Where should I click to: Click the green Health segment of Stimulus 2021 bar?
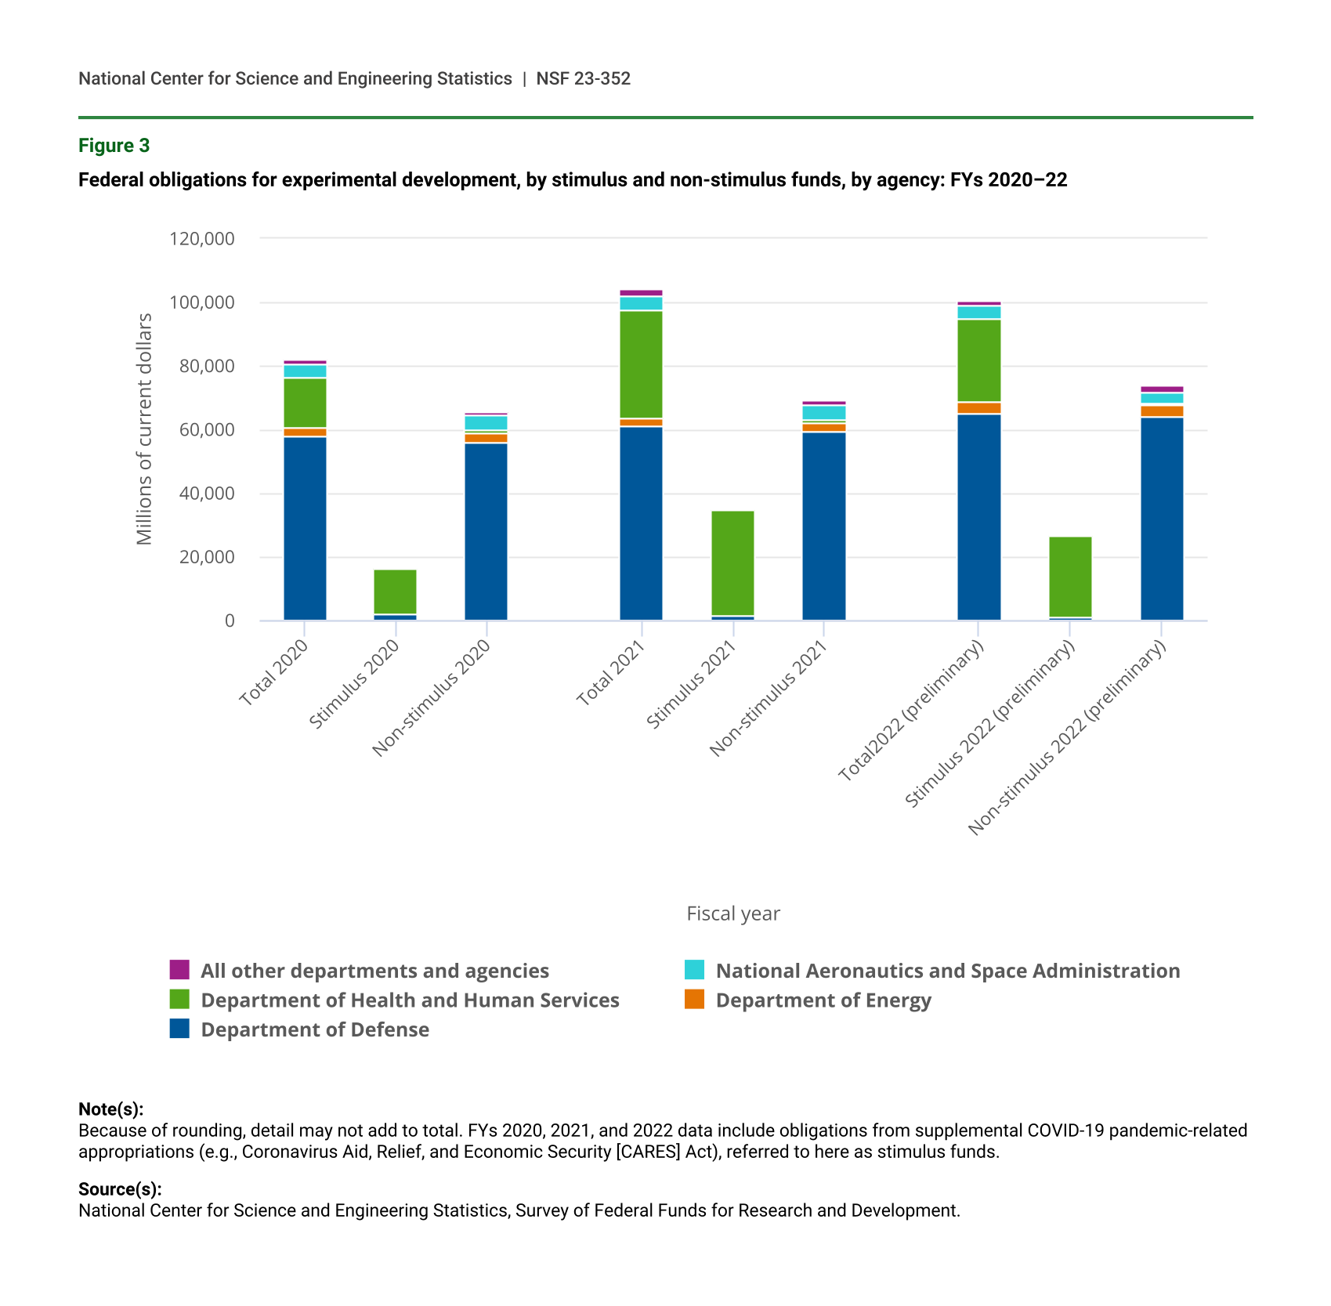pos(732,563)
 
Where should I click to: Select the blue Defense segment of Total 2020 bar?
pos(305,528)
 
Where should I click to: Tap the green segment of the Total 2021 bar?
pos(641,364)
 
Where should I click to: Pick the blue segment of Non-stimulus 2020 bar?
pos(486,531)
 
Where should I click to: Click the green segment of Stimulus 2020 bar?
pos(395,591)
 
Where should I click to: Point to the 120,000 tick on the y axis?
pos(202,238)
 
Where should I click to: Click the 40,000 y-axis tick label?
pos(202,494)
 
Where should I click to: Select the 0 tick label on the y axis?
pos(229,620)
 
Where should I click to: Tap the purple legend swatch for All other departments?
pos(179,969)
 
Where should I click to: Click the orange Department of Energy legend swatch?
pos(694,999)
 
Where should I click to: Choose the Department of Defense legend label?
pos(315,1029)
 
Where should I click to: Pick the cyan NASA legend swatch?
pos(694,969)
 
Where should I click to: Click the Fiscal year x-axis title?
pos(732,913)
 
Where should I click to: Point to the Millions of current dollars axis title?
pos(144,429)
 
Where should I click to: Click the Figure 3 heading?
pos(114,146)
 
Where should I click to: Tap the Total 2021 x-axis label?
pos(611,673)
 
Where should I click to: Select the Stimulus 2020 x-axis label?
pos(354,684)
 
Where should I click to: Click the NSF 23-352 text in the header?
pos(583,78)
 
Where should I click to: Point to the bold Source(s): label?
pos(120,1188)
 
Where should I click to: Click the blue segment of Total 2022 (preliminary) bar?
pos(978,517)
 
